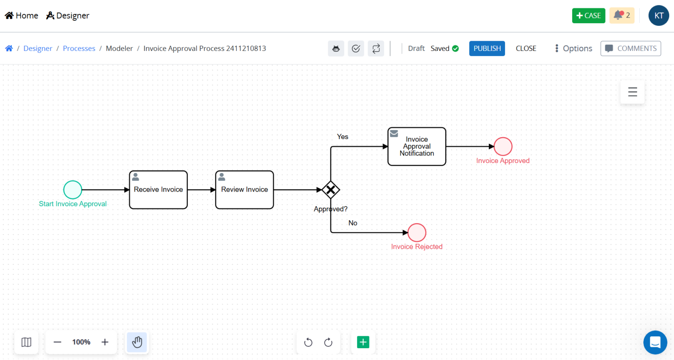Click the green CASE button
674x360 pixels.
coord(588,15)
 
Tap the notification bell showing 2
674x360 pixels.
coord(621,15)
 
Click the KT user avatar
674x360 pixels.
coord(659,15)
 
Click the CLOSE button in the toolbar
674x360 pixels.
coord(526,48)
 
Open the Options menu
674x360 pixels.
coord(573,48)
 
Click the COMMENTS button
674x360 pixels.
coord(631,48)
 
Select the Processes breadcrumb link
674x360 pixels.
coord(79,48)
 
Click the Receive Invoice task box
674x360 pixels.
coord(158,190)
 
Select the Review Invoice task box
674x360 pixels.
coord(244,190)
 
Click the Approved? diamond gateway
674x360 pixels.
coord(330,190)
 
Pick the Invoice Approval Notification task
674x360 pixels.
coord(416,146)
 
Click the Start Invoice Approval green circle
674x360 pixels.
coord(73,190)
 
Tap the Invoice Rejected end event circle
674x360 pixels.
coord(417,232)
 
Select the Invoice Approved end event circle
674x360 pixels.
coord(503,146)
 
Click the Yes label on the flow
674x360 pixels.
coord(342,137)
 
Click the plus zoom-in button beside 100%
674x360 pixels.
coord(105,342)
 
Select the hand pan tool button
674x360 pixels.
coord(137,342)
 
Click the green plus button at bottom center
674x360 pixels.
coord(363,342)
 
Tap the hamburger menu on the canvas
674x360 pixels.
coord(632,92)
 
